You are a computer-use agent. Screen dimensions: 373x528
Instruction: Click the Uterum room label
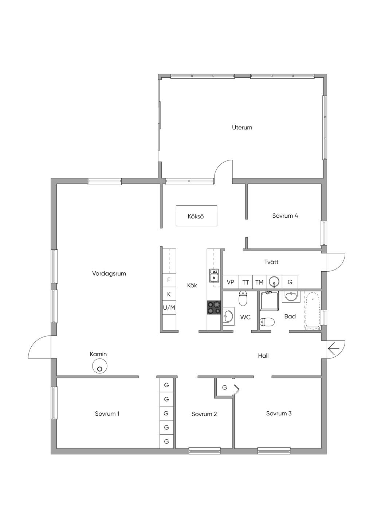242,128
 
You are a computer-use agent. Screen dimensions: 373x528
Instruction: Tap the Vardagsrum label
109,274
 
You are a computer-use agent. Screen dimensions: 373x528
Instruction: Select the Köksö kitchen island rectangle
196,216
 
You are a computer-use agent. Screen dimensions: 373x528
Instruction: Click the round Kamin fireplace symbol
99,366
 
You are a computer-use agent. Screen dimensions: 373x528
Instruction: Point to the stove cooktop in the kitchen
214,307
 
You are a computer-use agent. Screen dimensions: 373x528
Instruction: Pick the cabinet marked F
169,280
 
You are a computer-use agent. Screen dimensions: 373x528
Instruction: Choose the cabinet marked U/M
169,308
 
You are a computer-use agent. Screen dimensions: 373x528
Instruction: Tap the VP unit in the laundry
231,282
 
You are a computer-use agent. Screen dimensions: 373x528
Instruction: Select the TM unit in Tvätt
259,282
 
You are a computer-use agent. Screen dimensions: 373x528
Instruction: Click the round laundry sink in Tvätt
274,281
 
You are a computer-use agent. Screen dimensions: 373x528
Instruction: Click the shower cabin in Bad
269,300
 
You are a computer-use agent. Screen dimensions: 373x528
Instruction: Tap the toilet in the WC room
243,298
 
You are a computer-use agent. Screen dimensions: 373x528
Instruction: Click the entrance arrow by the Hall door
334,348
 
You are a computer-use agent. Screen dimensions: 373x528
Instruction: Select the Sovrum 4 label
285,216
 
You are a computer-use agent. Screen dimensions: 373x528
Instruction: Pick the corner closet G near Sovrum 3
227,387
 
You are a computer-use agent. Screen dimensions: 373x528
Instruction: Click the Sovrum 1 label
107,414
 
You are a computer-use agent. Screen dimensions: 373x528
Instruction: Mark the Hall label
263,356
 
